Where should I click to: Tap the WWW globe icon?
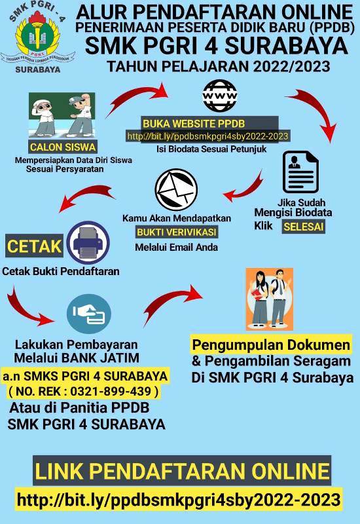220,96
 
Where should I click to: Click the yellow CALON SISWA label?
63,147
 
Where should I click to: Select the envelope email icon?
176,189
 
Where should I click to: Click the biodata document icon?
300,172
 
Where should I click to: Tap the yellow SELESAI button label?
304,227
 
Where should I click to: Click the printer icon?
88,243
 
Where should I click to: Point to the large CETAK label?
34,246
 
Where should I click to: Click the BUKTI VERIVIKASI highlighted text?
177,233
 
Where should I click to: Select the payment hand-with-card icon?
89,314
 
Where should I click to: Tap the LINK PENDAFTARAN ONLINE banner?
182,470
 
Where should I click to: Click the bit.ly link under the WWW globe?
207,136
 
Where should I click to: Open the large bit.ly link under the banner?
179,500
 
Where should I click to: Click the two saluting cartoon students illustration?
62,115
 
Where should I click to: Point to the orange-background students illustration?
270,299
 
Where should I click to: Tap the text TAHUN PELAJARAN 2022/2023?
219,66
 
